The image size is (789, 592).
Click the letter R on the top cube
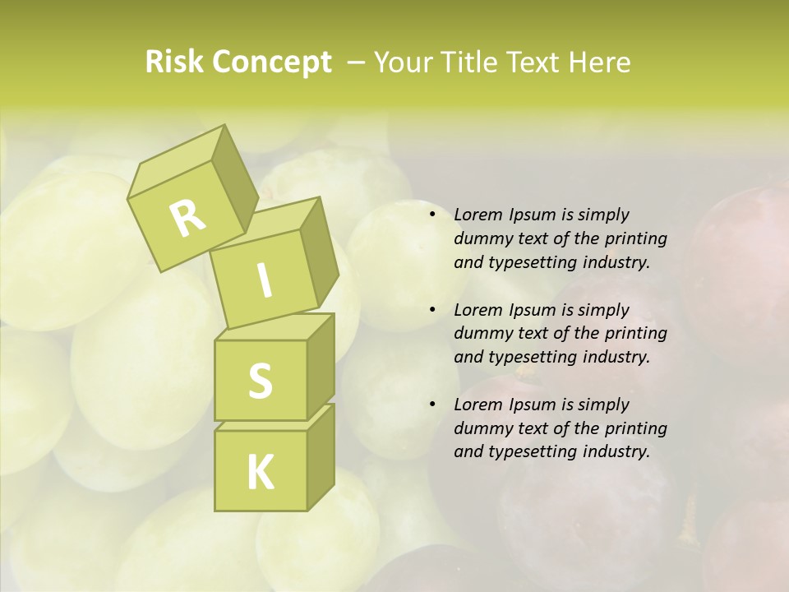pyautogui.click(x=187, y=217)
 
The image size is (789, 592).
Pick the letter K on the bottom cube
pyautogui.click(x=260, y=473)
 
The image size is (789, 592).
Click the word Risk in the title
pyautogui.click(x=174, y=62)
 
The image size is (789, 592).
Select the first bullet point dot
pyautogui.click(x=432, y=215)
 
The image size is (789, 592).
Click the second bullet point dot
pyautogui.click(x=432, y=310)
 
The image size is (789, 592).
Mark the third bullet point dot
pyautogui.click(x=432, y=405)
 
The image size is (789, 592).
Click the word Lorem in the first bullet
pyautogui.click(x=477, y=215)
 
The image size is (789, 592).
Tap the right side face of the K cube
pyautogui.click(x=321, y=456)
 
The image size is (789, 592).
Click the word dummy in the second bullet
pyautogui.click(x=479, y=334)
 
